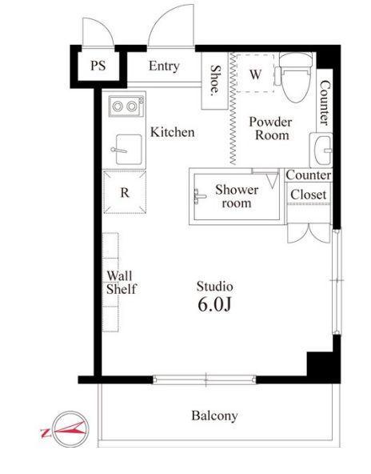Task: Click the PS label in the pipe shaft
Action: [98, 66]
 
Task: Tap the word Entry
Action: [164, 66]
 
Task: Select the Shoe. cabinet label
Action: [215, 79]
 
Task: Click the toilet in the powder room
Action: [295, 77]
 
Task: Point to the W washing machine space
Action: [255, 74]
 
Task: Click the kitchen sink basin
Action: [129, 150]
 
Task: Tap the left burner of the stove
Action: [118, 106]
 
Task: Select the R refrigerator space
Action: [125, 192]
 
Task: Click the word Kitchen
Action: [173, 132]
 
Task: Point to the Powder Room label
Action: [271, 128]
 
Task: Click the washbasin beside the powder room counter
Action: [321, 150]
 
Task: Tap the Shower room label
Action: [237, 196]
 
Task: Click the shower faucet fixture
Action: [199, 196]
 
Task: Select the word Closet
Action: [309, 195]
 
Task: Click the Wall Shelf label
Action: [121, 283]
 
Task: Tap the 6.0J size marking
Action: [214, 304]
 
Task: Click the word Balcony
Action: [214, 416]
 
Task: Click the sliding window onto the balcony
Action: [205, 380]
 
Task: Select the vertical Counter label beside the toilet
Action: [325, 102]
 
